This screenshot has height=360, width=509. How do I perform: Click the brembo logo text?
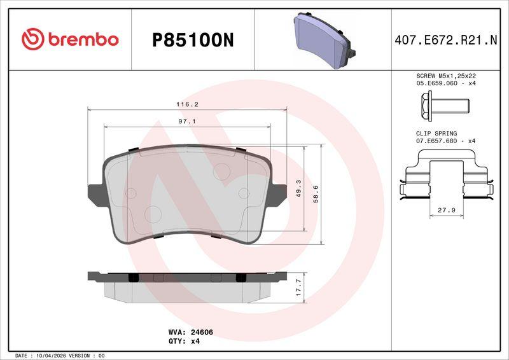coord(83,39)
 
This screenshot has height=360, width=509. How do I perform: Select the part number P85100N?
coord(193,40)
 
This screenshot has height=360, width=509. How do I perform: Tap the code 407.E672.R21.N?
coord(446,40)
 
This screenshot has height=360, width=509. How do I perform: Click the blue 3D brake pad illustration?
coord(324,40)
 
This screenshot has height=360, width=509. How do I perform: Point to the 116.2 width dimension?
coord(187,104)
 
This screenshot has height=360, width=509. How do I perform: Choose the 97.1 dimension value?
coord(187,121)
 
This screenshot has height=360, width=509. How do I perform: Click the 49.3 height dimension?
coord(298,189)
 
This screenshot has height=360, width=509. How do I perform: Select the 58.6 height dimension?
coord(316,194)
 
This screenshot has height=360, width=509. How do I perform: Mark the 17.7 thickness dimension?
coord(298,287)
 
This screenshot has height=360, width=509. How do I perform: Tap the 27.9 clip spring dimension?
coord(447,211)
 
